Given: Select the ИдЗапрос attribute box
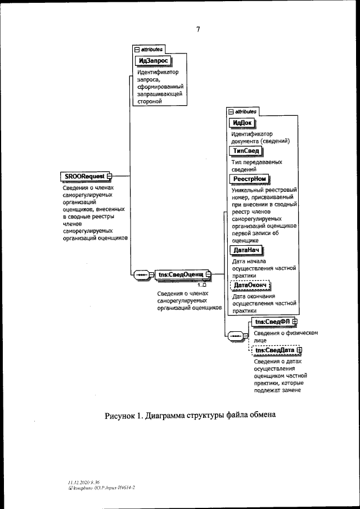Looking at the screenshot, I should pos(152,61).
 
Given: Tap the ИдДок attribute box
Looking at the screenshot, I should pos(241,124).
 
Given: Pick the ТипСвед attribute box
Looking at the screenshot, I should pos(246,151).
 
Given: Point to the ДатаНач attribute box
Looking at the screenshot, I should pos(246,251).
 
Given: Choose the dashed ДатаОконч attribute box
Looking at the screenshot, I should pos(249,286).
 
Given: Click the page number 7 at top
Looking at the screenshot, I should pos(198,29).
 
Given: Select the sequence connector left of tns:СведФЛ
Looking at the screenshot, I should pos(235,336).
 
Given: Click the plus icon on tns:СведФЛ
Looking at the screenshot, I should pos(294,322).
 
